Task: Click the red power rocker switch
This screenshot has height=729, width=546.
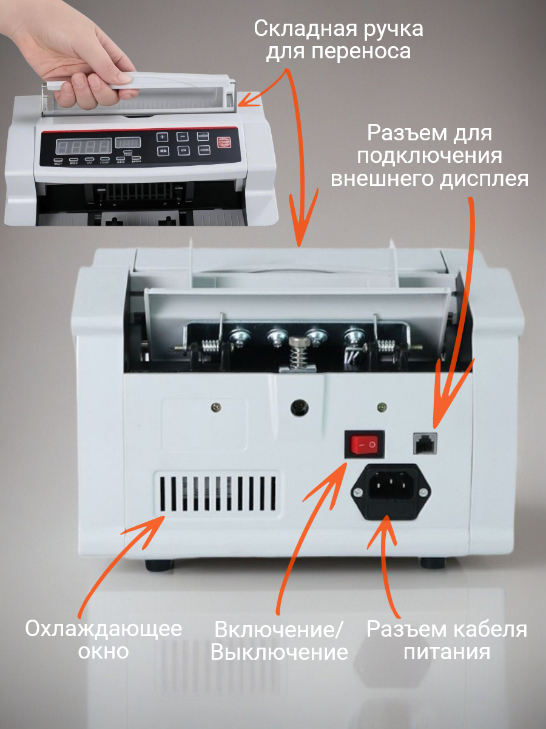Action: (365, 444)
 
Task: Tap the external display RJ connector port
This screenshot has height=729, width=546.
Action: (425, 443)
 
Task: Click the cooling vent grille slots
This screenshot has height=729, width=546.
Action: (217, 493)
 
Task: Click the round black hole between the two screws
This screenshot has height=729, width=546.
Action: (299, 407)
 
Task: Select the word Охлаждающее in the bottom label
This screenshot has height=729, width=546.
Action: (103, 629)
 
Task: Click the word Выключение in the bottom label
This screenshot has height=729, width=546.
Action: (280, 652)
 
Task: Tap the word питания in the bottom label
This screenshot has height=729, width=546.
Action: (447, 652)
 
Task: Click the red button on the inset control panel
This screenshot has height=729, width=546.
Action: (224, 143)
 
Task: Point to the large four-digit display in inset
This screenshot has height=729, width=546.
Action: (84, 146)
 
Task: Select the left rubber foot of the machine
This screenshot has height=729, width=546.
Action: (159, 564)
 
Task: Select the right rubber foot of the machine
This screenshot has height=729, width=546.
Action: (433, 563)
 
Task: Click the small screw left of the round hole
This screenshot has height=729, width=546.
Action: (216, 407)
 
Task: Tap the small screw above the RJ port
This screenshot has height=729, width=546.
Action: (382, 406)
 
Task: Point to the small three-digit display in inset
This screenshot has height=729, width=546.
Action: (128, 143)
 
